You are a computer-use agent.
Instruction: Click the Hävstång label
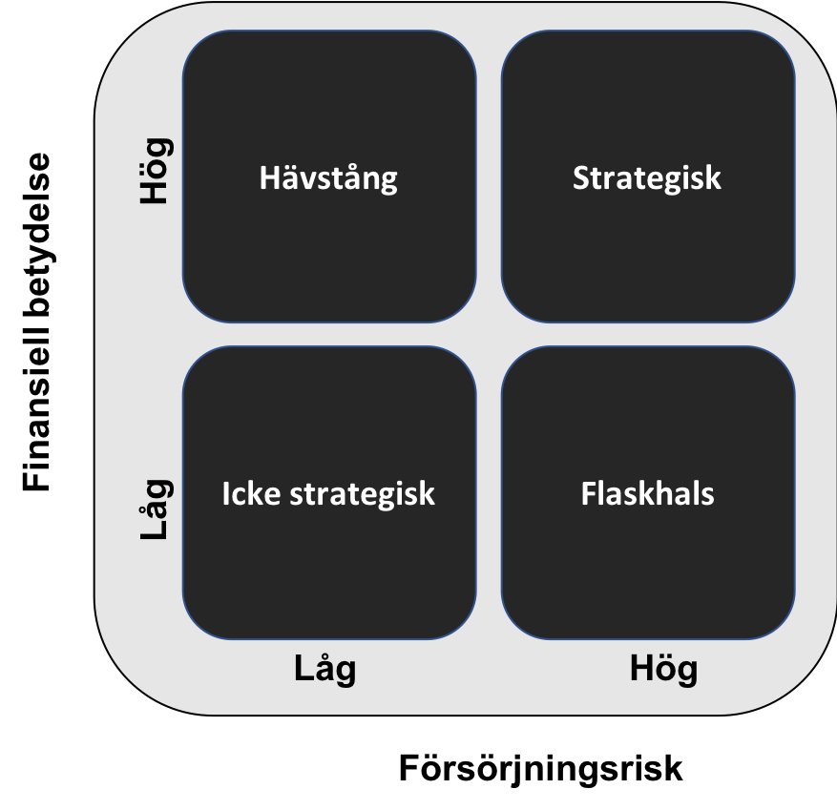tap(328, 178)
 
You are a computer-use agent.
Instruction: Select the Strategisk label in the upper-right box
tap(647, 178)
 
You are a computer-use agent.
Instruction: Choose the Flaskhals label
tap(647, 494)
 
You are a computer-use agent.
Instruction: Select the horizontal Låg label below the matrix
tap(324, 669)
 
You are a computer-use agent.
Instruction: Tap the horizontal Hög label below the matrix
tap(663, 669)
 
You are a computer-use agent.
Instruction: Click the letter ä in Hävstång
tap(284, 178)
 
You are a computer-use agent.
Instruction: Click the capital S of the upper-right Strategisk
tap(581, 178)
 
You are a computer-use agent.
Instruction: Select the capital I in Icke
tap(227, 494)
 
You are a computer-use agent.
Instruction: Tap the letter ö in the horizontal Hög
tap(664, 669)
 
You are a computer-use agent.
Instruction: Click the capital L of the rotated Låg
tap(153, 531)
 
